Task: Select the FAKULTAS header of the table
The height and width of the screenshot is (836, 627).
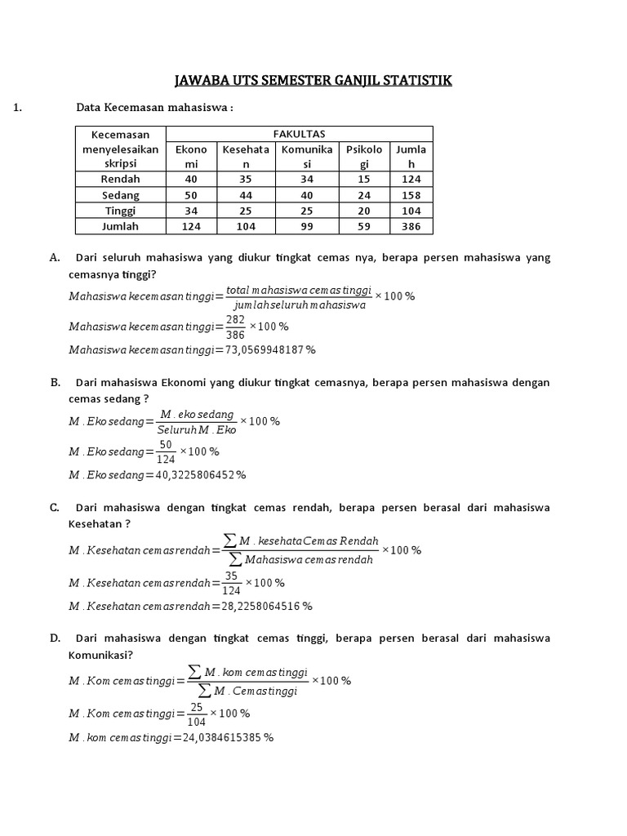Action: [299, 134]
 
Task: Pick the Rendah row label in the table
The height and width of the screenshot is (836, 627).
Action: [120, 179]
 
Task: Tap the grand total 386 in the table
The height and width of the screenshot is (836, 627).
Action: [411, 227]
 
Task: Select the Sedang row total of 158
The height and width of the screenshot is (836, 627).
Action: [411, 195]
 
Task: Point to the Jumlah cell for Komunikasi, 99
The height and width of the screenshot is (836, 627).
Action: [306, 227]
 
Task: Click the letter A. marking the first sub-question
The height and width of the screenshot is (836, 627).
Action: [55, 257]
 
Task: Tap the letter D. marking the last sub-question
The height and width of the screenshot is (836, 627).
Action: [55, 638]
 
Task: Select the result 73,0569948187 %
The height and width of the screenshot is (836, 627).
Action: [270, 349]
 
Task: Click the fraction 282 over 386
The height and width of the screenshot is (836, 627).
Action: [238, 327]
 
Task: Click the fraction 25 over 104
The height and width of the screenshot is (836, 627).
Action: [196, 714]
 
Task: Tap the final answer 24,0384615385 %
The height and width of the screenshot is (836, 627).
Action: [228, 737]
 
